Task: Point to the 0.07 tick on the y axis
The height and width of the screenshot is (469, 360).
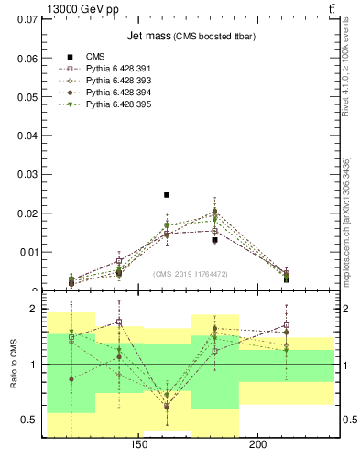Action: [x=28, y=18]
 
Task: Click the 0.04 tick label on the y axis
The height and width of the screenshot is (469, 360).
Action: [x=28, y=135]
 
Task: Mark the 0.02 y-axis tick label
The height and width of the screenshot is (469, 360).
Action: [x=28, y=213]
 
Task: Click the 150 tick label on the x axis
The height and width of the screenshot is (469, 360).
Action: [x=139, y=445]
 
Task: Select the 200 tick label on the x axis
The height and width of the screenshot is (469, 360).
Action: [x=258, y=445]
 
